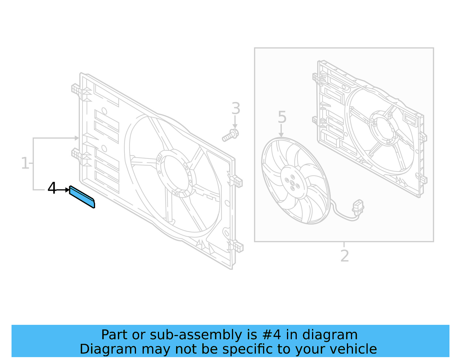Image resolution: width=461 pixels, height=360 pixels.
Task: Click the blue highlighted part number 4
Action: pos(82,197)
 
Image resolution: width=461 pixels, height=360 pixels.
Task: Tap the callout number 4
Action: pos(52,189)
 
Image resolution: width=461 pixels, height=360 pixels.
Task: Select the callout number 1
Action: pos(25,163)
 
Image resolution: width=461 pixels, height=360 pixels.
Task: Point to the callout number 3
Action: pos(236,109)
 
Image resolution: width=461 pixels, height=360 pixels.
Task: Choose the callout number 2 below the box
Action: pos(345,256)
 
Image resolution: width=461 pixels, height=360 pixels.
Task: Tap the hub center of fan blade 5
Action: pos(292,182)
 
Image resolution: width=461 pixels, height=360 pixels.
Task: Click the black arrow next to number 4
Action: pos(63,190)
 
